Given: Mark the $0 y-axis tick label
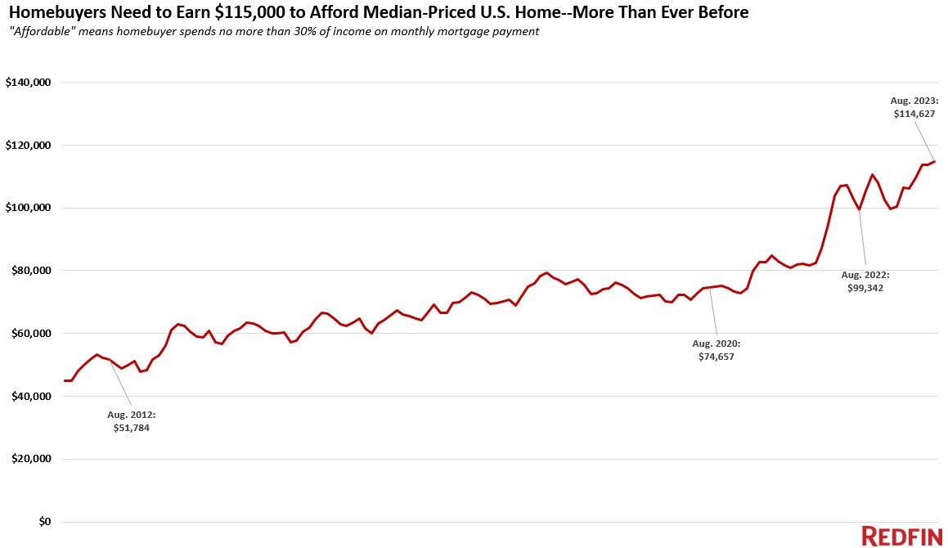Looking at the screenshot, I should click(46, 522).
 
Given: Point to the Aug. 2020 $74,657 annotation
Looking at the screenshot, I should click(717, 350).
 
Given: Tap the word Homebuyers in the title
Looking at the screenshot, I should click(49, 12).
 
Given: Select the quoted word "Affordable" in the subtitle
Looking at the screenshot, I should click(41, 32).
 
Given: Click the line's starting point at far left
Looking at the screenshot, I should click(65, 380).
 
